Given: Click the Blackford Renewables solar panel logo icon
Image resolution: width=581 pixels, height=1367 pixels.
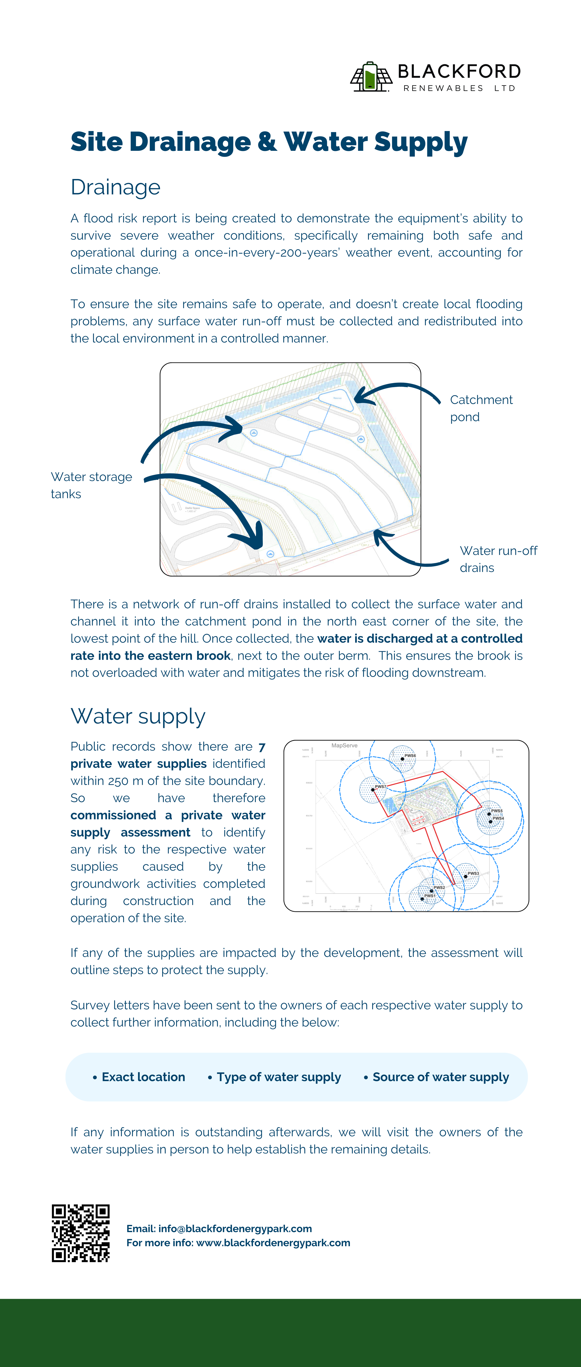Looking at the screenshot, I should pyautogui.click(x=370, y=77).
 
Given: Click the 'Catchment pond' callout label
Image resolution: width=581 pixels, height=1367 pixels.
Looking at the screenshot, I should pyautogui.click(x=481, y=408).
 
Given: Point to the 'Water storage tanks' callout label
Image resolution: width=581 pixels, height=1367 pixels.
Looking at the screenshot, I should pyautogui.click(x=91, y=485).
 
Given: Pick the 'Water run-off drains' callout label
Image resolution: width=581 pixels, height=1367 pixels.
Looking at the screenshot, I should pyautogui.click(x=498, y=559).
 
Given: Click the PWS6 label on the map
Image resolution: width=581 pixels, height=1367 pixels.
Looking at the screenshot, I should pyautogui.click(x=410, y=755).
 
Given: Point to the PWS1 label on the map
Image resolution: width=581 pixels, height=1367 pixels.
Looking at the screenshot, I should pyautogui.click(x=430, y=895).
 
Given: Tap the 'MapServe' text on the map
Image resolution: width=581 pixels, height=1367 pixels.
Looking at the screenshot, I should pyautogui.click(x=344, y=746).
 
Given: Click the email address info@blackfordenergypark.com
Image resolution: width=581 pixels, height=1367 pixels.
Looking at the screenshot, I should pyautogui.click(x=235, y=1228).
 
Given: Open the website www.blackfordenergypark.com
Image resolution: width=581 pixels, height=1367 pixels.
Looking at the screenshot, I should pyautogui.click(x=273, y=1243).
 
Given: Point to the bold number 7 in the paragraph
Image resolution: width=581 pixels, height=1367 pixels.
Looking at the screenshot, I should pyautogui.click(x=262, y=747).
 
